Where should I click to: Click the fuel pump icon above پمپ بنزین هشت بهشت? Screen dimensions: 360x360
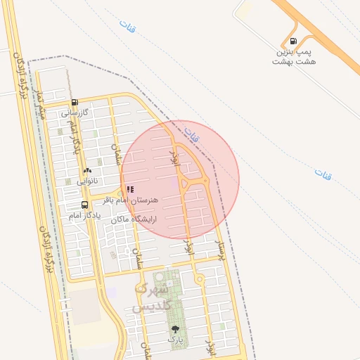pyautogui.click(x=293, y=41)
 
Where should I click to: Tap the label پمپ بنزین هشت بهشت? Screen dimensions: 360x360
pyautogui.click(x=295, y=57)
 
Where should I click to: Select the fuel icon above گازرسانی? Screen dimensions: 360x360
pyautogui.click(x=75, y=102)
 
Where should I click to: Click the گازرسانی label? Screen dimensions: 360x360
pyautogui.click(x=74, y=112)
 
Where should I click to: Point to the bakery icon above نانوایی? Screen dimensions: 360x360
pyautogui.click(x=88, y=171)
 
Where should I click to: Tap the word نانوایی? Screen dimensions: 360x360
pyautogui.click(x=89, y=181)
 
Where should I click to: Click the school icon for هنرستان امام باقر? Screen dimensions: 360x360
pyautogui.click(x=130, y=189)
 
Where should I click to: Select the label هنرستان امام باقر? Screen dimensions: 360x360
pyautogui.click(x=132, y=200)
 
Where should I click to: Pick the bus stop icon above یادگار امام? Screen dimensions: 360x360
pyautogui.click(x=85, y=205)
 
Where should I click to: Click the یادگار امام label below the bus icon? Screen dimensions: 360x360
pyautogui.click(x=85, y=216)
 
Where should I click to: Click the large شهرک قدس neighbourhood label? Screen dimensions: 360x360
pyautogui.click(x=150, y=297)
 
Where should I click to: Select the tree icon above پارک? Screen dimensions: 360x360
pyautogui.click(x=174, y=328)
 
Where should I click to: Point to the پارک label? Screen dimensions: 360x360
pyautogui.click(x=174, y=339)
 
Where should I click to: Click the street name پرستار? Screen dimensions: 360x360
pyautogui.click(x=220, y=250)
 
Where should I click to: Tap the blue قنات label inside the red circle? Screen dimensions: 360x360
pyautogui.click(x=191, y=131)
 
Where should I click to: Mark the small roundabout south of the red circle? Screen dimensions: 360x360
pyautogui.click(x=200, y=281)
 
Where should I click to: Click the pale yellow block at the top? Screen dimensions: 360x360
pyautogui.click(x=245, y=9)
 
